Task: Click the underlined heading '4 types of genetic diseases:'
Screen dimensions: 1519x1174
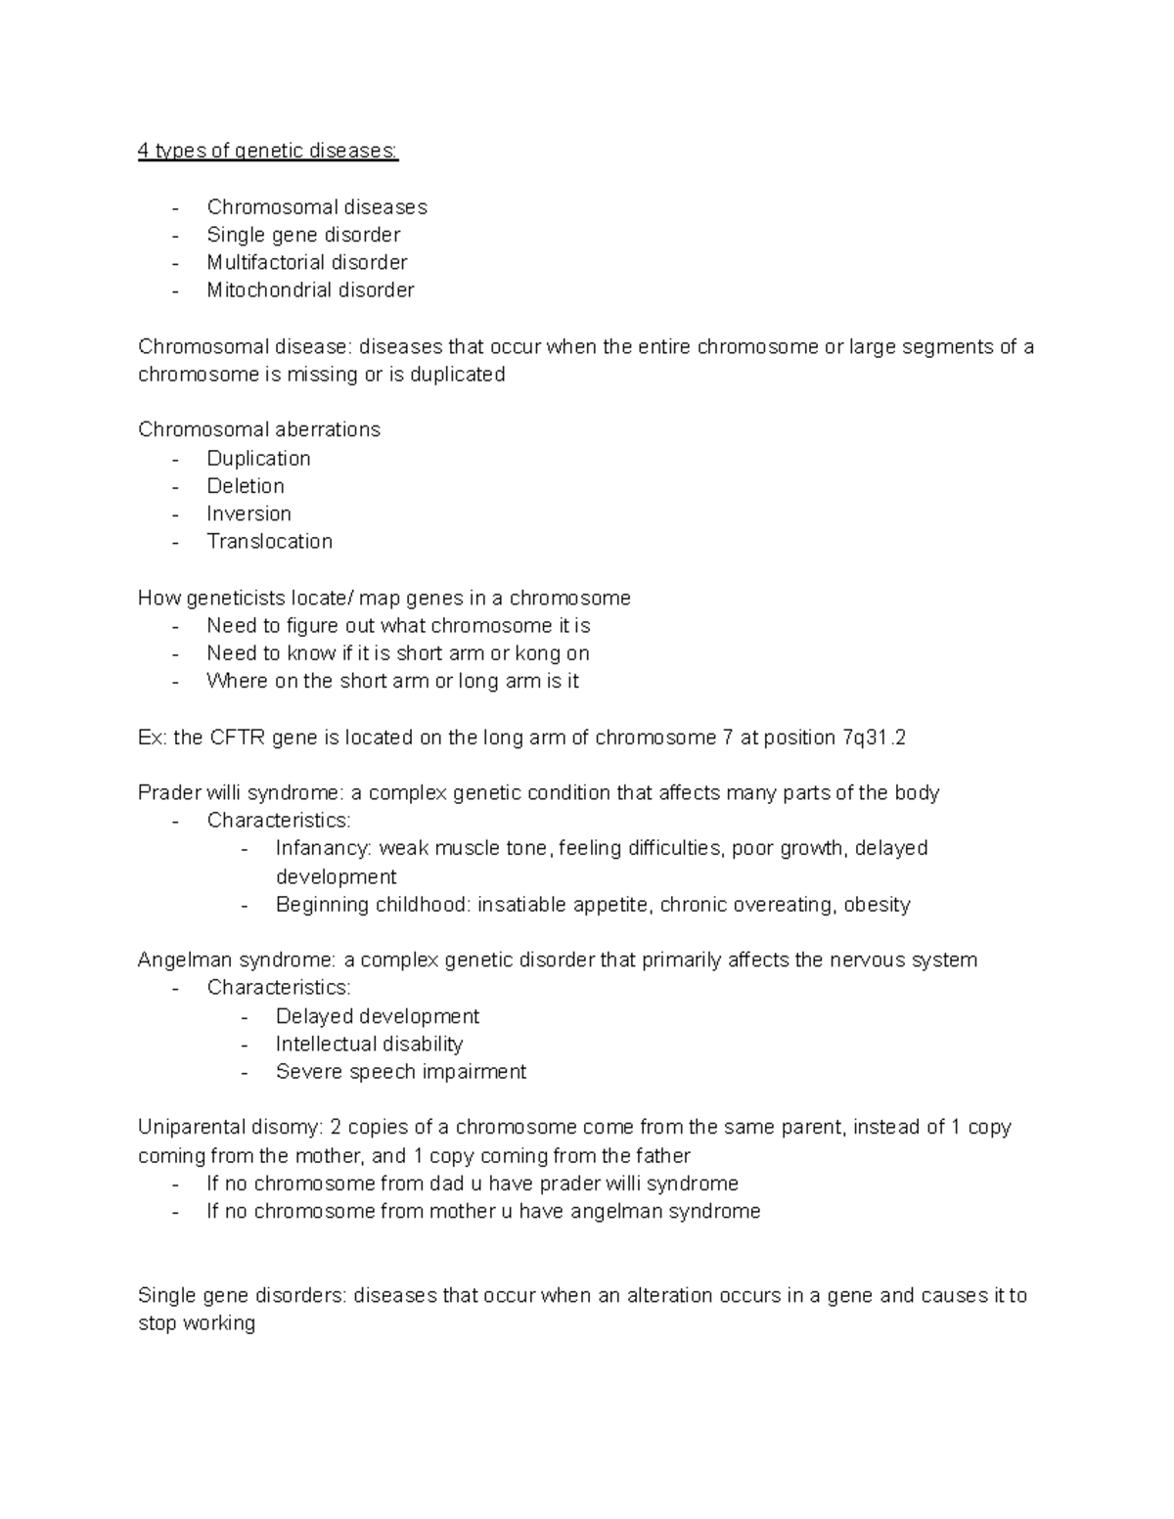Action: (268, 151)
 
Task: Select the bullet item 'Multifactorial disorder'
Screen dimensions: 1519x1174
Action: (306, 262)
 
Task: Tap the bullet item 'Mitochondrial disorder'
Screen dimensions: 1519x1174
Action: (310, 290)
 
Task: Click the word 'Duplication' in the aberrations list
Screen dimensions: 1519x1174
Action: (258, 458)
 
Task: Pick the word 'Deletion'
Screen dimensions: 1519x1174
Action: (246, 486)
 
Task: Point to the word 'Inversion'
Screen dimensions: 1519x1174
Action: (248, 514)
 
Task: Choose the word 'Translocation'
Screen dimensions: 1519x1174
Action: (269, 541)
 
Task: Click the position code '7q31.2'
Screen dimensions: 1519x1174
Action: (874, 737)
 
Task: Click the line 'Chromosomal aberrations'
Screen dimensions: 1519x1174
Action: (259, 429)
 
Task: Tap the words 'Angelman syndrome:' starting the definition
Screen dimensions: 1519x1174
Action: (238, 960)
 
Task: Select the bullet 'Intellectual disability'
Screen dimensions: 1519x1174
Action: (369, 1044)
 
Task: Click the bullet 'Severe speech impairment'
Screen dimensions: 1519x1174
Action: (400, 1071)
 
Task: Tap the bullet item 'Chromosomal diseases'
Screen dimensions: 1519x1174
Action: (317, 206)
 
